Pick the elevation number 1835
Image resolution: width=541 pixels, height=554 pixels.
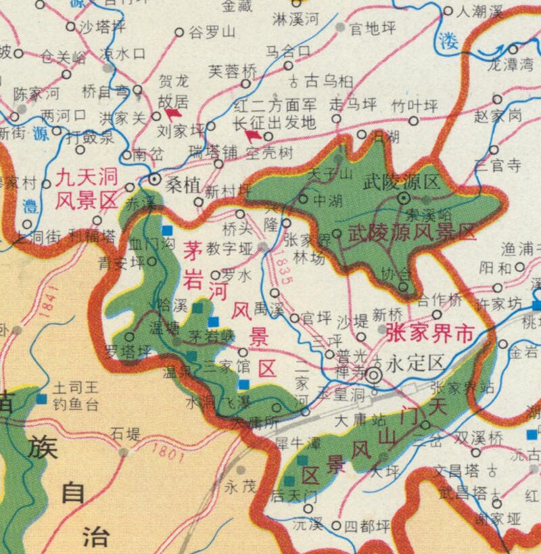click(x=284, y=268)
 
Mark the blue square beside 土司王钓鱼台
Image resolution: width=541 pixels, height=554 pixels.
click(x=42, y=398)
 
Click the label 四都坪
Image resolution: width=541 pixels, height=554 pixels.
click(x=369, y=525)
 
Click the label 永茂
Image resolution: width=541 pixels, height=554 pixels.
click(x=241, y=486)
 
